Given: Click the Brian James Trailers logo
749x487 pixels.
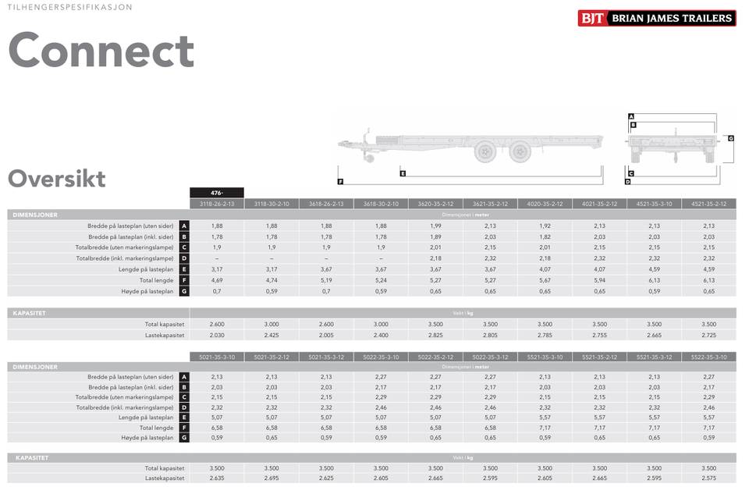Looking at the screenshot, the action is [657, 18].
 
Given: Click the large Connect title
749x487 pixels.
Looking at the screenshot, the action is [101, 50].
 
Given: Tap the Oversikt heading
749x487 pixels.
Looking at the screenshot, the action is [56, 179].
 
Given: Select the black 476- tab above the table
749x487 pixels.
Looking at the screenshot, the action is [217, 193].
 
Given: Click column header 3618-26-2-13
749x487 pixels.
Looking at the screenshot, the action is [326, 204].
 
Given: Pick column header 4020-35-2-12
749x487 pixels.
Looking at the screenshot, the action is [545, 204].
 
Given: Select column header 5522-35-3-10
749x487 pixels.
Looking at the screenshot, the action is [709, 357].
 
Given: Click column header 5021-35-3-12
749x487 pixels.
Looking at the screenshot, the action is [326, 357].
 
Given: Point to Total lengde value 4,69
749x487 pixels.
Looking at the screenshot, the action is [217, 280].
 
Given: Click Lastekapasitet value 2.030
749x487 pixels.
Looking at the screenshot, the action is [217, 336].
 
